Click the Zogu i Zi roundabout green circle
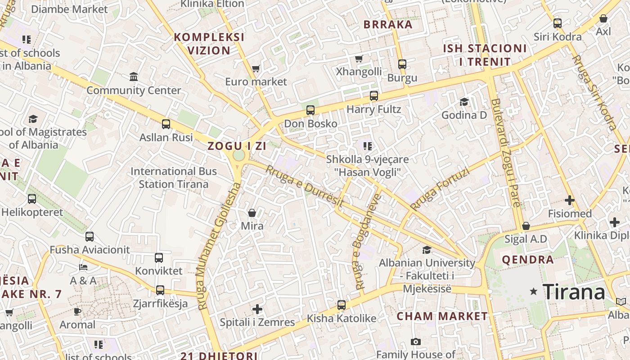239,155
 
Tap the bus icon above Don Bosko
310,110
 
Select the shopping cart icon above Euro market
256,69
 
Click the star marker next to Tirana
534,292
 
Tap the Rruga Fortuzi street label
440,189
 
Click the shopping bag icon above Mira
252,212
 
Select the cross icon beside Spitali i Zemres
257,309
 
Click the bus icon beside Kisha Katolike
342,305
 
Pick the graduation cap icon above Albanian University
427,250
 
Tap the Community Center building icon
134,77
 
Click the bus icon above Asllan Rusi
166,124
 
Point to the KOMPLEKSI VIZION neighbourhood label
209,44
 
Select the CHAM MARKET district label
442,316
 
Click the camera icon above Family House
416,342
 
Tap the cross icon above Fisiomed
570,200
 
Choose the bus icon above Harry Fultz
374,96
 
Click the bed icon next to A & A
83,267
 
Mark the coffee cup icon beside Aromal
77,311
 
